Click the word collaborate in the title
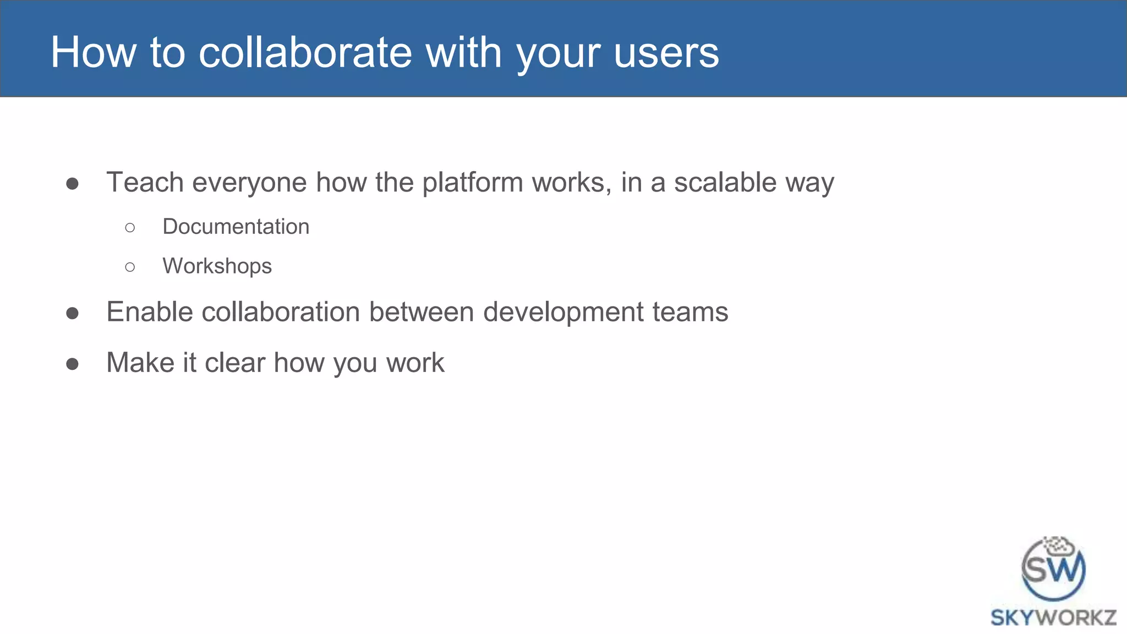point(305,53)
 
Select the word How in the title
point(93,53)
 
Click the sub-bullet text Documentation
point(236,227)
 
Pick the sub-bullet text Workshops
point(217,266)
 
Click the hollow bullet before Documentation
point(130,227)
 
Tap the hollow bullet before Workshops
point(130,267)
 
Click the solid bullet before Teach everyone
point(72,184)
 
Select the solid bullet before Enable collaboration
point(72,314)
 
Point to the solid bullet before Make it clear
point(72,364)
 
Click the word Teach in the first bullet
point(145,182)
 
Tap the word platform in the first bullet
point(472,183)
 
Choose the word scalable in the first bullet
point(725,182)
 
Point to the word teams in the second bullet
point(690,312)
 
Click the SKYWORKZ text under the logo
point(1053,617)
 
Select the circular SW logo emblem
point(1053,569)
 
